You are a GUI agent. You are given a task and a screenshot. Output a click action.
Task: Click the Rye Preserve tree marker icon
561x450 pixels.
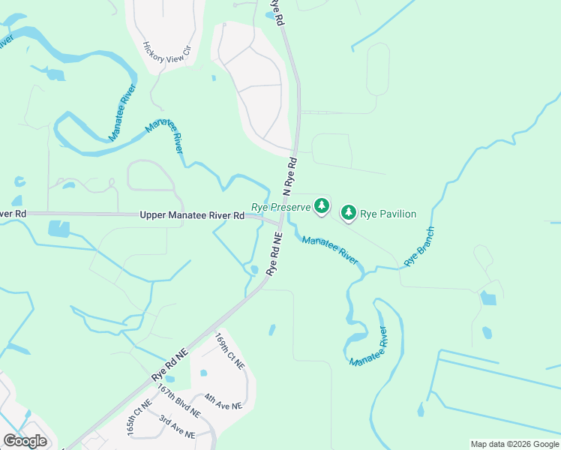point(322,205)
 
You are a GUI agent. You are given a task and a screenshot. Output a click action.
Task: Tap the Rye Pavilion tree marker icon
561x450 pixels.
point(349,213)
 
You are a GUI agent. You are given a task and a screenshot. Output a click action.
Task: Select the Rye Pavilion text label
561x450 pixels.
point(388,214)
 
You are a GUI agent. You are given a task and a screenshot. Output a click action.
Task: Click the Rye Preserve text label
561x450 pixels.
point(280,206)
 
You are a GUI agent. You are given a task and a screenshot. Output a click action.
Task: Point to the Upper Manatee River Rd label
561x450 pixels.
point(192,215)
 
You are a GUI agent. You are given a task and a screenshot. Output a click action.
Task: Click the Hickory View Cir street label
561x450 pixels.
point(167,52)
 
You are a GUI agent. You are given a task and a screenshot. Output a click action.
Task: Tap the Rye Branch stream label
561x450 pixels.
point(419,247)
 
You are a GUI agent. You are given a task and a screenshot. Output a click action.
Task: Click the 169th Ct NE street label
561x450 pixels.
point(229,350)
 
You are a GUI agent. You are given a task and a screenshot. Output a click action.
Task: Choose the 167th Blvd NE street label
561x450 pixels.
point(178,401)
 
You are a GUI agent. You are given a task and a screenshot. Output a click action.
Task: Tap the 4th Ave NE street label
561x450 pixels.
point(223,406)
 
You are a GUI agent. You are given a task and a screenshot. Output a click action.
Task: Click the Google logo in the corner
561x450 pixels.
point(25,441)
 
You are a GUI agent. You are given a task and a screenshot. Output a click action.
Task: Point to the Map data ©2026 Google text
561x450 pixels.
point(514,444)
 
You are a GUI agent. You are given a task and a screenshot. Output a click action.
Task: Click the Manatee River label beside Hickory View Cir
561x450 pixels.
point(122,113)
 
